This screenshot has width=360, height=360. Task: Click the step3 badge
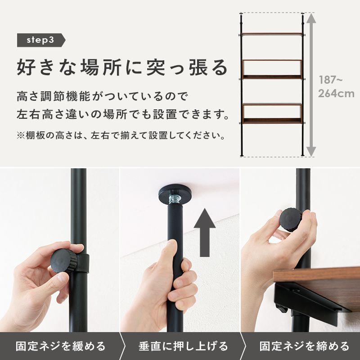pos(40,40)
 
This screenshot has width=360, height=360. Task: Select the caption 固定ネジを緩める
pos(60,346)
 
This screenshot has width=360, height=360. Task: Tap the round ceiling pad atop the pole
pos(176,193)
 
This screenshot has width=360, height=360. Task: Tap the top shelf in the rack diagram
pos(272,34)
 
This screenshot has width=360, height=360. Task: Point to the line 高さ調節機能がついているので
pos(101,96)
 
